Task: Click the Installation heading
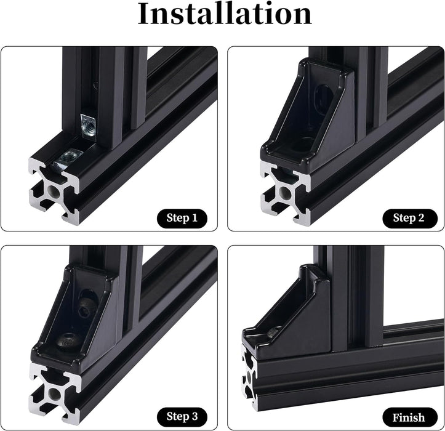[x=225, y=14]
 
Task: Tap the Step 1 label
[x=182, y=218]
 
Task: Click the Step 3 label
[x=182, y=416]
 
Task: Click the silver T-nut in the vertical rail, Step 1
[x=88, y=125]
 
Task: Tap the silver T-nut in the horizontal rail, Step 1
[x=68, y=160]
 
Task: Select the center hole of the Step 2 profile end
[x=284, y=193]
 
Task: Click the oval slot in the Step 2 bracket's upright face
[x=324, y=97]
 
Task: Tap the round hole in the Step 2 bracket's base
[x=305, y=143]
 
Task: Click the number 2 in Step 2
[x=421, y=218]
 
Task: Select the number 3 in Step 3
[x=194, y=416]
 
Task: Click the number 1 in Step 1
[x=194, y=218]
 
